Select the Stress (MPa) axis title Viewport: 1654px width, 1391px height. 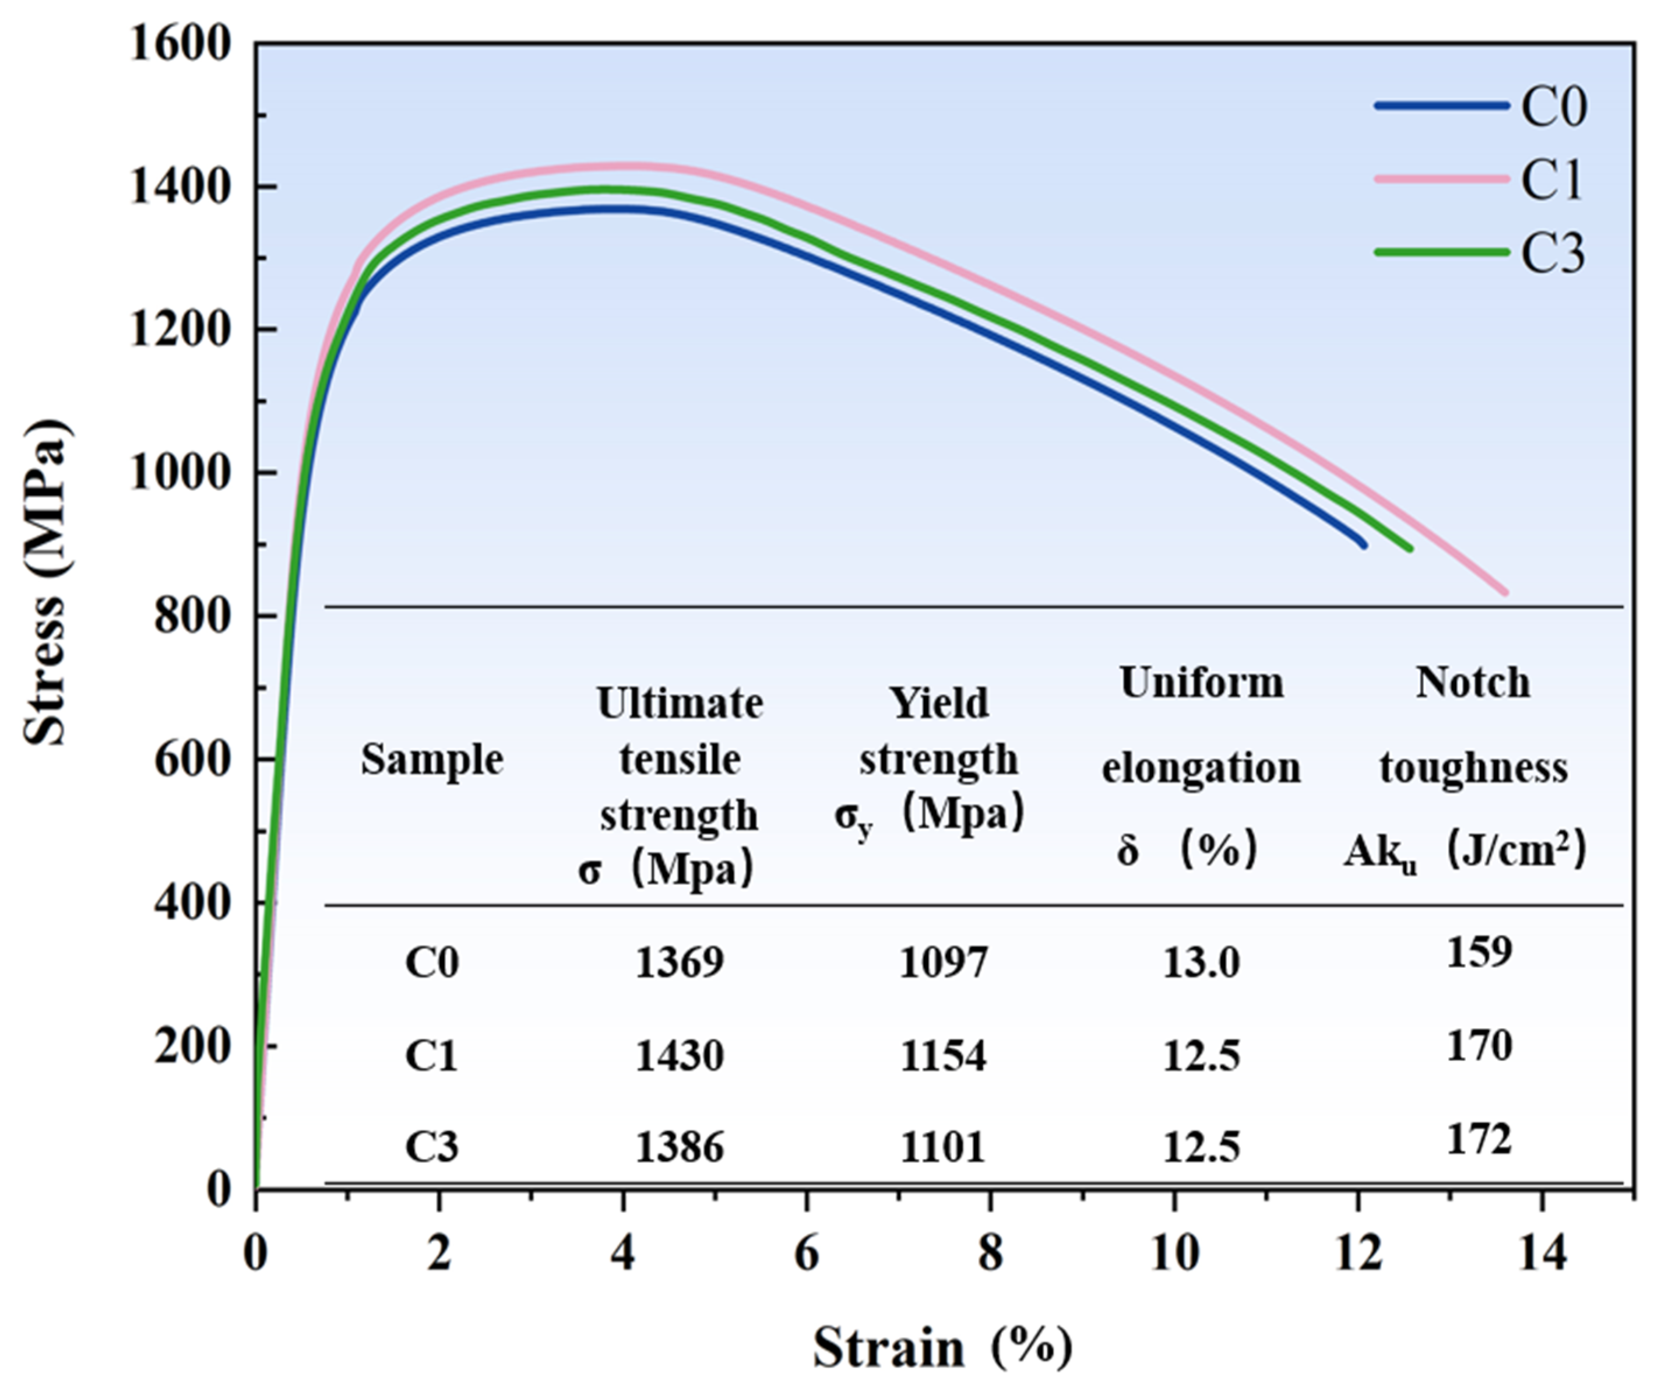tap(45, 584)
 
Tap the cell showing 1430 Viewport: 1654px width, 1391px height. tap(679, 1056)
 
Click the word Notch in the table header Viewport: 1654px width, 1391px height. tap(1473, 683)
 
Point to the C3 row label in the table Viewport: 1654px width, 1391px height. tap(431, 1147)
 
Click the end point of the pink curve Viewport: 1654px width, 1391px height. tap(1505, 591)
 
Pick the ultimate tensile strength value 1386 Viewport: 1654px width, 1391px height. tap(679, 1147)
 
